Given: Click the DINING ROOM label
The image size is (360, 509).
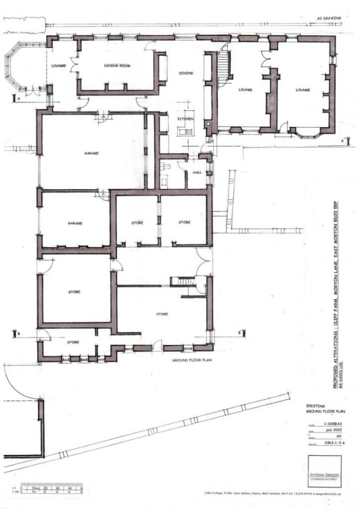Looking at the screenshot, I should pyautogui.click(x=117, y=66).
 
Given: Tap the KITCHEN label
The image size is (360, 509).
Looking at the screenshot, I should pyautogui.click(x=185, y=120).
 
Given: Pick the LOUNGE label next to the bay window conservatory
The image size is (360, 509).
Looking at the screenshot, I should pyautogui.click(x=59, y=66).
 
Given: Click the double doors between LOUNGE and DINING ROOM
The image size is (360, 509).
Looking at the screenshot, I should pyautogui.click(x=75, y=66).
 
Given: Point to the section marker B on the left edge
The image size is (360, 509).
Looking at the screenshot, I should pyautogui.click(x=18, y=334).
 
